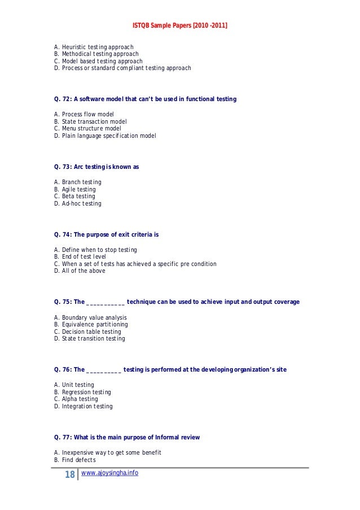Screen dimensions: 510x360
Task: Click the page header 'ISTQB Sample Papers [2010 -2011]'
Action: [180, 25]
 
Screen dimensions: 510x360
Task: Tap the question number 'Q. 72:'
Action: [63, 99]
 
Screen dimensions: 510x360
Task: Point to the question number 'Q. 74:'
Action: [63, 234]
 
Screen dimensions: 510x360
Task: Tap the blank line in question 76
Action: [103, 370]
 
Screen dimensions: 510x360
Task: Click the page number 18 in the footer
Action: [70, 475]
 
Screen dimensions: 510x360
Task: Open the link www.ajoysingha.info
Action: [109, 473]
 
